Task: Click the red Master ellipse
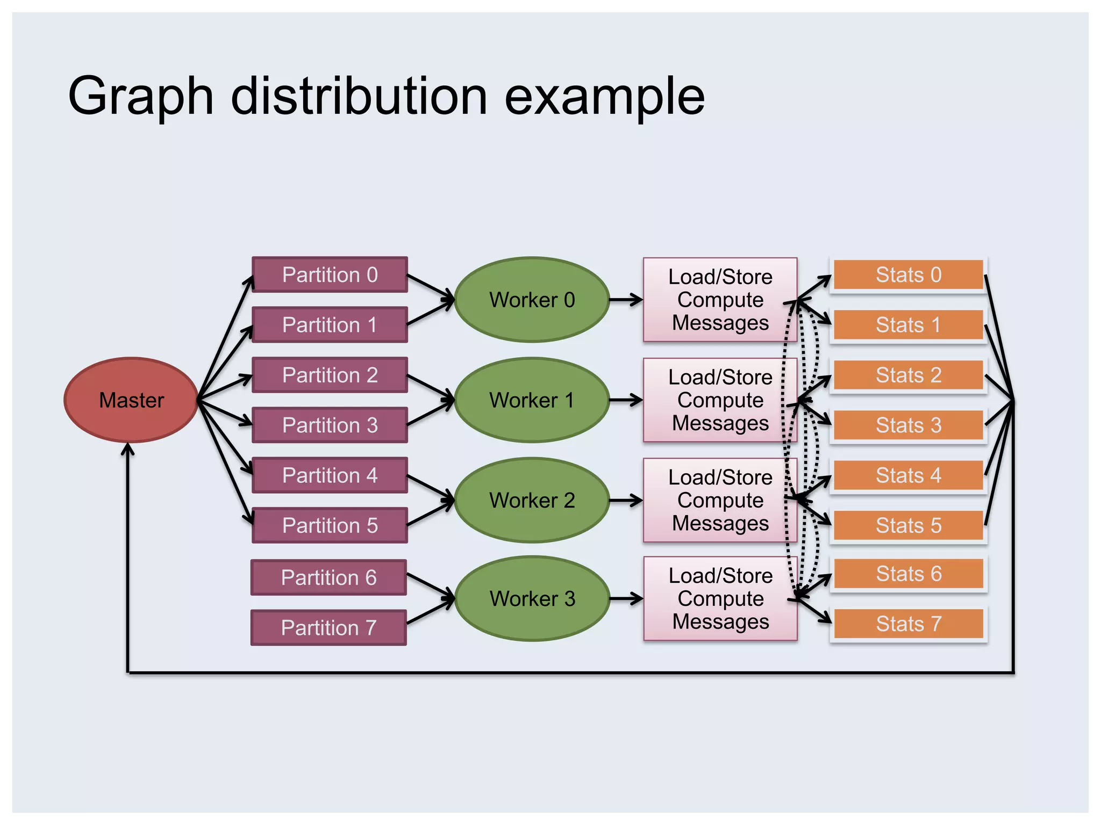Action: coord(131,400)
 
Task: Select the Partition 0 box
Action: coord(330,274)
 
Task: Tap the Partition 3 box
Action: coord(330,425)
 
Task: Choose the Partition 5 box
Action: coord(330,525)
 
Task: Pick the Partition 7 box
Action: coord(328,627)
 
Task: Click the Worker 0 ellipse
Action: coord(532,300)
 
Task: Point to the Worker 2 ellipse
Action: coord(532,500)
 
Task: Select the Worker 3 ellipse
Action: coord(532,598)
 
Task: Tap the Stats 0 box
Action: coord(909,274)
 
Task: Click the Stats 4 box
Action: coord(909,475)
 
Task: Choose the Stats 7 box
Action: coord(909,624)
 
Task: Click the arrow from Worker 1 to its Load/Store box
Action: coord(625,400)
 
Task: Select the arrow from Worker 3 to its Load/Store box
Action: coord(625,598)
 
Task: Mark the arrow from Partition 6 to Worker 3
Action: coord(430,586)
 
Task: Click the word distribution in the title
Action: coord(359,96)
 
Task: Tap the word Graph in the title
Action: coord(141,96)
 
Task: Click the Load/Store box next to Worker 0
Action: coord(720,300)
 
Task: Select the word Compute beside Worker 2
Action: coord(720,500)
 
